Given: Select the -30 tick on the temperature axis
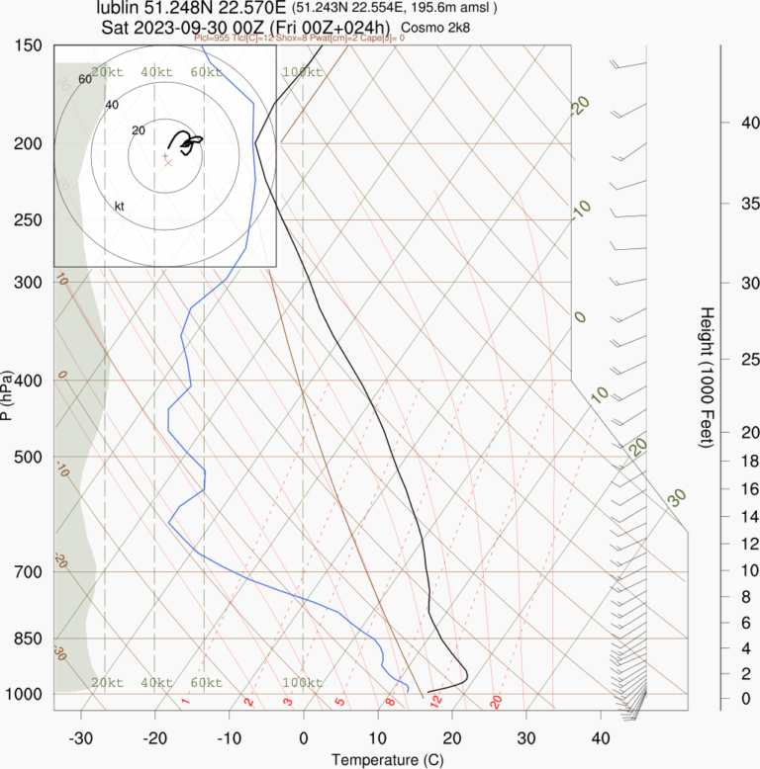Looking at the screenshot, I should pyautogui.click(x=81, y=737).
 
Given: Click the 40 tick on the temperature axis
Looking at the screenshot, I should pyautogui.click(x=600, y=737).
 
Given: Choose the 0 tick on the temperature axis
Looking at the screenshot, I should pyautogui.click(x=303, y=737).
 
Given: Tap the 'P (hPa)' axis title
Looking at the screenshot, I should pyautogui.click(x=8, y=395).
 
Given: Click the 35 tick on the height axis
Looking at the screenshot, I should pyautogui.click(x=723, y=204).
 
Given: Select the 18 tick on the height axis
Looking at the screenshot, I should pyautogui.click(x=723, y=461).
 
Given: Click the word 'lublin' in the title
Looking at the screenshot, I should pyautogui.click(x=119, y=9).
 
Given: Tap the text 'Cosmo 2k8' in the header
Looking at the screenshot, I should pyautogui.click(x=435, y=27).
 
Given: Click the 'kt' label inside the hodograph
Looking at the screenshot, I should pyautogui.click(x=120, y=206).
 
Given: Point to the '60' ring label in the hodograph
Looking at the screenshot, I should pyautogui.click(x=84, y=79).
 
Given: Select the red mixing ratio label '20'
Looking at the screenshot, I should pyautogui.click(x=497, y=702).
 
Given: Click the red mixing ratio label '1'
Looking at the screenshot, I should pyautogui.click(x=185, y=702).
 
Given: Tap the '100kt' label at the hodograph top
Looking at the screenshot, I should pyautogui.click(x=302, y=72).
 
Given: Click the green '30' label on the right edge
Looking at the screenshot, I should pyautogui.click(x=677, y=497).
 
